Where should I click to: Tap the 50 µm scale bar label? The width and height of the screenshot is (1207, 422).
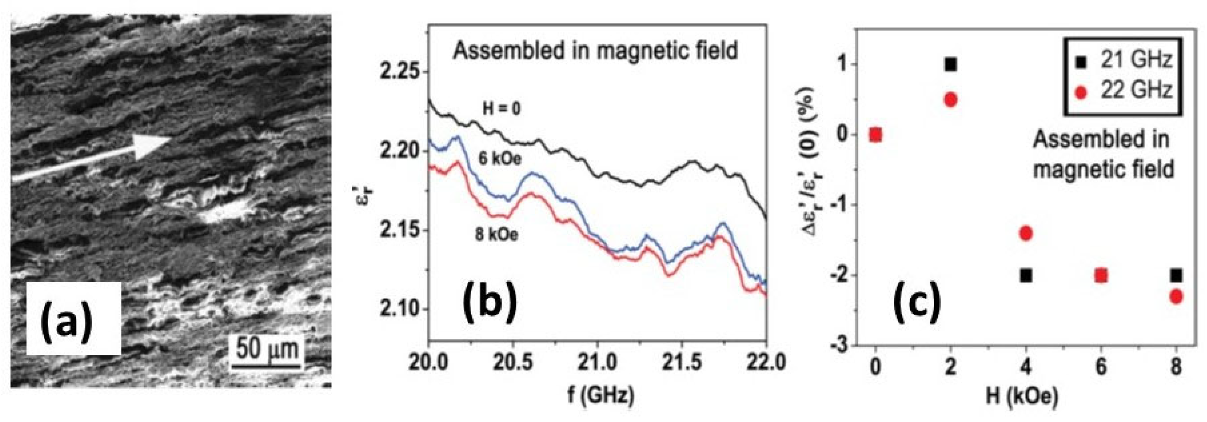[267, 348]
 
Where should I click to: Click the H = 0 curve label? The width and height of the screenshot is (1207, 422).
[502, 109]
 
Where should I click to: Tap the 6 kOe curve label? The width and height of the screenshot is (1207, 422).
[499, 159]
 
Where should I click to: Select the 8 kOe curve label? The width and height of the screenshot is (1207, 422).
[497, 234]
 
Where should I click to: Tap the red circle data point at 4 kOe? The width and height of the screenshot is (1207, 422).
[1026, 233]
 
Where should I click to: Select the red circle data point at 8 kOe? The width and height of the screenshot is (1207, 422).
[1176, 296]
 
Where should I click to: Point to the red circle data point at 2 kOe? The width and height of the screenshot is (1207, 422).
[950, 99]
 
